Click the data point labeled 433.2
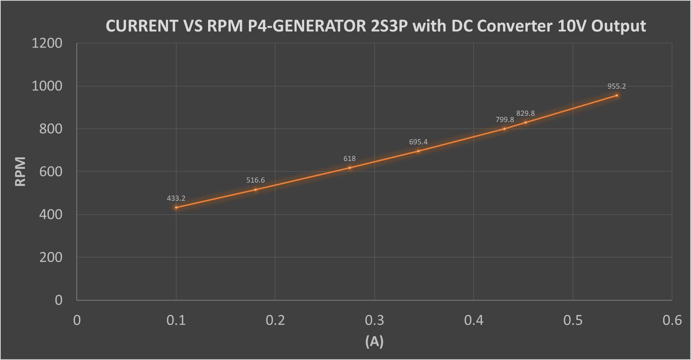coord(176,207)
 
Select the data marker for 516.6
coord(256,190)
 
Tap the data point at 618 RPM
coord(350,168)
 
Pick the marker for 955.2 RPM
coord(617,95)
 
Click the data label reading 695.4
coord(418,142)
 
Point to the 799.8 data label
coord(504,120)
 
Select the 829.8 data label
coord(525,113)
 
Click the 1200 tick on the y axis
coord(47,43)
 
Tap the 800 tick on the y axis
coord(51,129)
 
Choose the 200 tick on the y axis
coord(51,257)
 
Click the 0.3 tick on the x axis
coord(374,320)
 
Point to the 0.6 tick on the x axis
coord(672,320)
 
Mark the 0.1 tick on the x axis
coord(176,320)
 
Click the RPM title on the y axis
coord(20,171)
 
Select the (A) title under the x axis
coord(374,341)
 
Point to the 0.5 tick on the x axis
coord(573,320)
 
